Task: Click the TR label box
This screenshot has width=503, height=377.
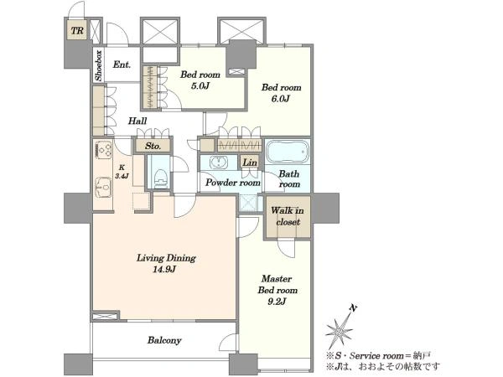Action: pyautogui.click(x=77, y=30)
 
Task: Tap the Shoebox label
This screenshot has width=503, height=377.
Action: pyautogui.click(x=98, y=65)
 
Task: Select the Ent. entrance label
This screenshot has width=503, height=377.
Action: pyautogui.click(x=122, y=65)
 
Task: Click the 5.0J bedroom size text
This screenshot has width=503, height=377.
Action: pyautogui.click(x=200, y=86)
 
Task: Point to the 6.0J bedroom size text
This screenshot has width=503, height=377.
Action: pyautogui.click(x=281, y=98)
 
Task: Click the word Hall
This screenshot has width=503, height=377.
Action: pyautogui.click(x=137, y=121)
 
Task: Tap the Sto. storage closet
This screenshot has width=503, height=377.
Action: pyautogui.click(x=153, y=146)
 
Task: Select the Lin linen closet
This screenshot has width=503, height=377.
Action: pyautogui.click(x=250, y=163)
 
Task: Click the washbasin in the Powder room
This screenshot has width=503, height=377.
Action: pyautogui.click(x=219, y=163)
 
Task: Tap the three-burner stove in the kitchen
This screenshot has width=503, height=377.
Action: pyautogui.click(x=103, y=149)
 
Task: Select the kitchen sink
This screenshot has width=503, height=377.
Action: pyautogui.click(x=103, y=187)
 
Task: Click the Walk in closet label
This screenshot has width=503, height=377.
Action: pyautogui.click(x=288, y=216)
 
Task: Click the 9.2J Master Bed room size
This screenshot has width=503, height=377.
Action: pyautogui.click(x=277, y=302)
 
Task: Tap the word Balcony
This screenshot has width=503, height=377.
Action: pyautogui.click(x=164, y=340)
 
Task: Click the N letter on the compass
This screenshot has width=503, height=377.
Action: pyautogui.click(x=353, y=308)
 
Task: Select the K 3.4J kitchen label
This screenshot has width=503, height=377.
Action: pyautogui.click(x=122, y=172)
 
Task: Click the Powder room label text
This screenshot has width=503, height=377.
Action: pyautogui.click(x=232, y=183)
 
